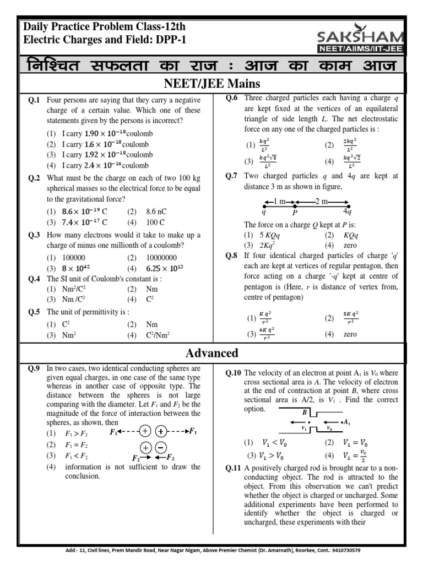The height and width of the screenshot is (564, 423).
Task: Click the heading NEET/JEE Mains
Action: [x=211, y=84]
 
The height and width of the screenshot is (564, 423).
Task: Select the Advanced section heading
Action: [x=211, y=353]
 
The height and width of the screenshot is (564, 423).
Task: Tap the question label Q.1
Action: [x=34, y=100]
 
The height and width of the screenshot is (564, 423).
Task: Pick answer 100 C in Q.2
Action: [x=155, y=222]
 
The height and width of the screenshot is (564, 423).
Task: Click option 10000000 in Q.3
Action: [x=161, y=257]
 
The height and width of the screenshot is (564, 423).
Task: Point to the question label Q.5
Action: [x=34, y=312]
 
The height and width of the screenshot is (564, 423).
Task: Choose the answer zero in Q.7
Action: [x=350, y=245]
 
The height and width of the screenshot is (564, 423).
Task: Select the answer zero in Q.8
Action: [x=350, y=334]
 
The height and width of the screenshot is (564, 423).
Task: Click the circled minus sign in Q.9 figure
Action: [x=161, y=447]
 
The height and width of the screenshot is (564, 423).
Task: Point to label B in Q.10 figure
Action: [x=303, y=411]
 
